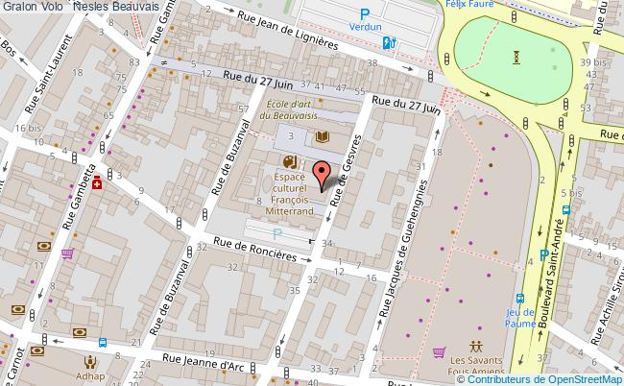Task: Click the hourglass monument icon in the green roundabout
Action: click(x=518, y=57)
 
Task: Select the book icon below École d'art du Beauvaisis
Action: click(x=323, y=138)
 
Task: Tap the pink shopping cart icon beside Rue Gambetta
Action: click(x=68, y=254)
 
